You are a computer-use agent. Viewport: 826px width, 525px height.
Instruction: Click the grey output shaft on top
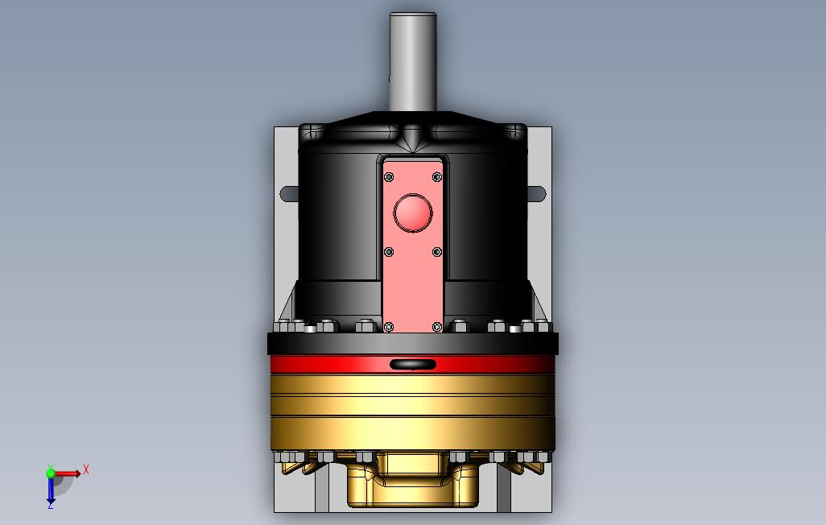(413, 62)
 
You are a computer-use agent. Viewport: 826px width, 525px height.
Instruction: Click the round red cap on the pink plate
(413, 213)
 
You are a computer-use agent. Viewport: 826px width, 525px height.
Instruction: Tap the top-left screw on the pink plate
(390, 177)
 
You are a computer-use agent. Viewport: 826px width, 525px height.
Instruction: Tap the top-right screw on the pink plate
(436, 177)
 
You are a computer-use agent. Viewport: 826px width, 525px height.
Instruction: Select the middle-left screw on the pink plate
(390, 253)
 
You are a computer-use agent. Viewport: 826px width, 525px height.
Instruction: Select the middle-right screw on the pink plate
(436, 253)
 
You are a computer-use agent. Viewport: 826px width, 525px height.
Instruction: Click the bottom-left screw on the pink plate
(390, 328)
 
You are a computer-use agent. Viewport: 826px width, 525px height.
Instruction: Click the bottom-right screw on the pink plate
(436, 328)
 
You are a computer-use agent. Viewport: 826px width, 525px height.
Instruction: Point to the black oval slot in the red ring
(413, 364)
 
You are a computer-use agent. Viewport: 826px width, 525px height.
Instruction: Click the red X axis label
(86, 469)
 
